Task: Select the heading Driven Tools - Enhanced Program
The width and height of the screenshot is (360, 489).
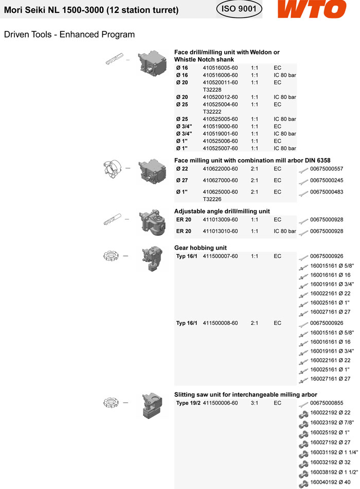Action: (69, 34)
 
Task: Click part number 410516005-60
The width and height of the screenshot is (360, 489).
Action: (220, 68)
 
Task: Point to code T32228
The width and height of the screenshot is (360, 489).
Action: (212, 90)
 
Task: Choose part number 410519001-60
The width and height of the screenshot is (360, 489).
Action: (220, 134)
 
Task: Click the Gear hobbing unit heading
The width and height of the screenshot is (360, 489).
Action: (201, 248)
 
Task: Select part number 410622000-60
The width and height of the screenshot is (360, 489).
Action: (220, 169)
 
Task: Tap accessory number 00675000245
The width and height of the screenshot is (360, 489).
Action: (327, 180)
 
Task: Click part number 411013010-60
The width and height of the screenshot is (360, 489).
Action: (220, 231)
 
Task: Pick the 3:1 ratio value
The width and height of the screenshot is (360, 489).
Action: (255, 403)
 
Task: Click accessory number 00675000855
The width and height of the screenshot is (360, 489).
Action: (327, 403)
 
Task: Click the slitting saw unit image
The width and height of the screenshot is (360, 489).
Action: (152, 404)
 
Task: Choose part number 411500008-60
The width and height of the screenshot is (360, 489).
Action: (220, 323)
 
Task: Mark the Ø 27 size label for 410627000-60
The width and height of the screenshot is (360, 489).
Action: (182, 180)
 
